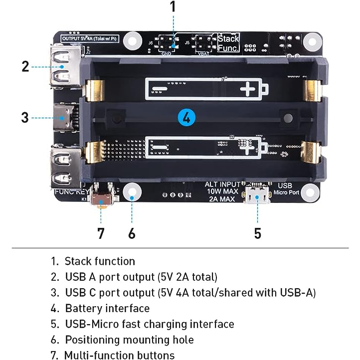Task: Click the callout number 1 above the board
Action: [173, 7]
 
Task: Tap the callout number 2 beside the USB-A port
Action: [25, 66]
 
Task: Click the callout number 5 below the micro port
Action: [257, 233]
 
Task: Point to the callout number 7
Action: [101, 233]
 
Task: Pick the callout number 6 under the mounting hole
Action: [132, 233]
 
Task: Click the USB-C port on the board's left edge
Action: [64, 118]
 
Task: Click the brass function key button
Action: [103, 200]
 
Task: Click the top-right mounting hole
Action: [311, 39]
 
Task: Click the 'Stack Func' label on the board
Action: [228, 43]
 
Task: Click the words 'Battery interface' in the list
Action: [107, 308]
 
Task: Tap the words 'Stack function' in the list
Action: [100, 261]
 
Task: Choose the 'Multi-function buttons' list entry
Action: [120, 355]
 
